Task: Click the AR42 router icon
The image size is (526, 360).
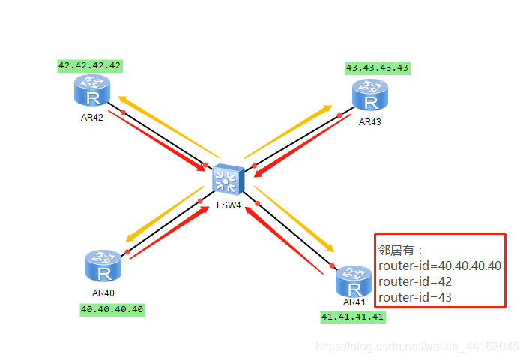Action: [x=91, y=91]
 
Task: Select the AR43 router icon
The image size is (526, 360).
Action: [x=370, y=97]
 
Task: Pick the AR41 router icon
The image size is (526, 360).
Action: [x=353, y=282]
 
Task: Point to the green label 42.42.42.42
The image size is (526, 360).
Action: [x=90, y=65]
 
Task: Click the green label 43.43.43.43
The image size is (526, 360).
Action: [x=378, y=67]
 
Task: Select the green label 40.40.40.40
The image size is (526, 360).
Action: [x=112, y=308]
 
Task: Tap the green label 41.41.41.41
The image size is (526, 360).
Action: [x=352, y=316]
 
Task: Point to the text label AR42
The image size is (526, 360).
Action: [x=91, y=117]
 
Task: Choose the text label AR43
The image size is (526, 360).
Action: [x=370, y=121]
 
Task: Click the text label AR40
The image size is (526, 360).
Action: [x=103, y=292]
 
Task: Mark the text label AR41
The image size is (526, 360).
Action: [x=354, y=301]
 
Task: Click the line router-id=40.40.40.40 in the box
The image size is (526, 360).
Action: [x=440, y=265]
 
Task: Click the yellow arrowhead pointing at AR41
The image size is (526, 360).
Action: [x=327, y=247]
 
